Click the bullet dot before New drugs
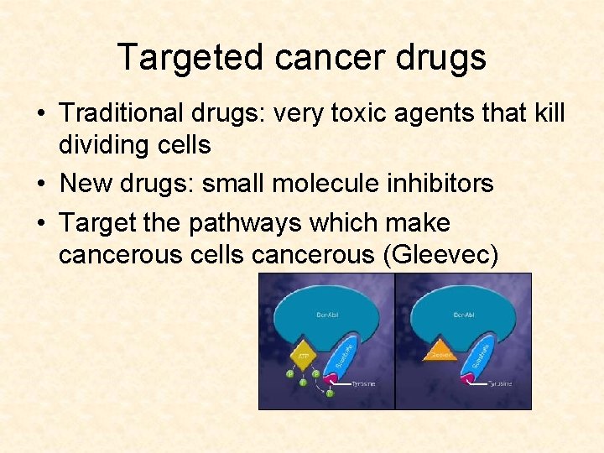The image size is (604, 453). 41,184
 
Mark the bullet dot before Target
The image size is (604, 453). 41,224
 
